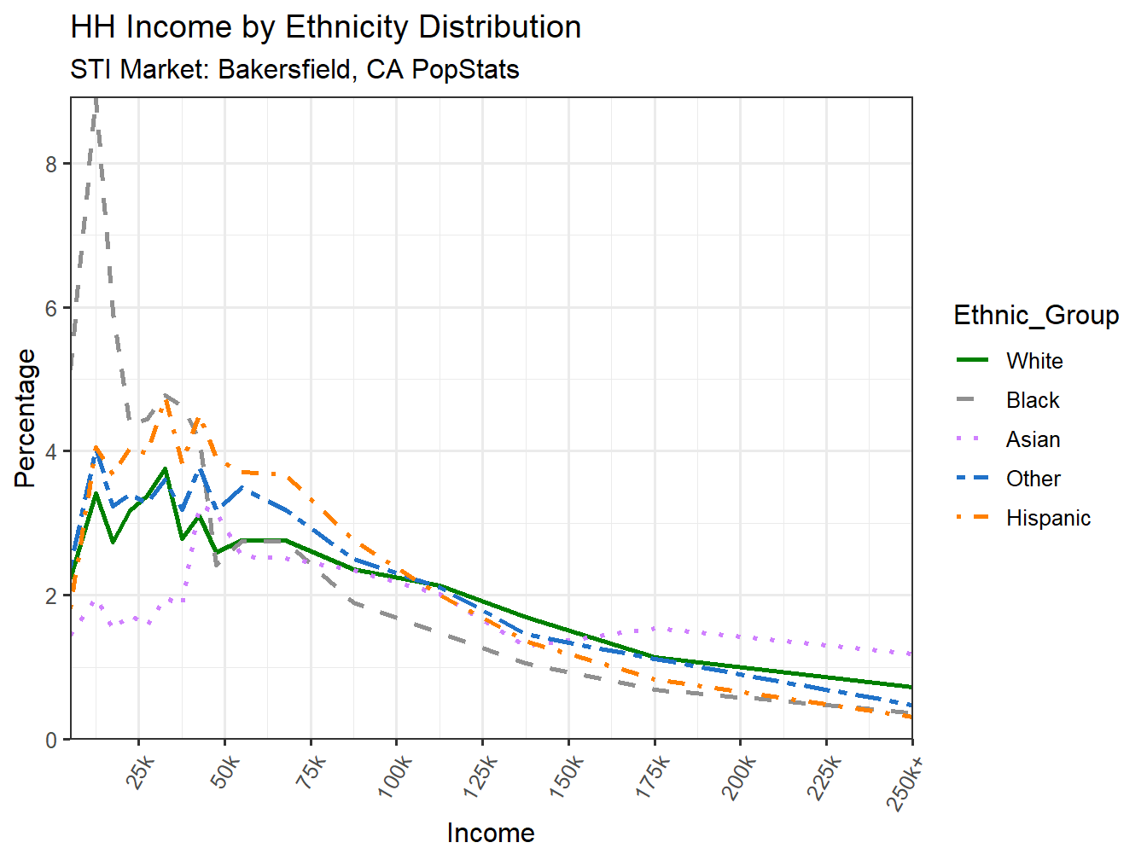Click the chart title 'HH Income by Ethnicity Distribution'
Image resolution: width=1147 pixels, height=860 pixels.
[325, 27]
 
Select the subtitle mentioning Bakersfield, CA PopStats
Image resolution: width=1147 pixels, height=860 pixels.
[294, 69]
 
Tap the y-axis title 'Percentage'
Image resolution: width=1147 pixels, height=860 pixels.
[26, 418]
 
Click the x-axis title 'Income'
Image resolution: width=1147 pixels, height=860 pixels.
[491, 833]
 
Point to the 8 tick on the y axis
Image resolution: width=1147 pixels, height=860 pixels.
[52, 164]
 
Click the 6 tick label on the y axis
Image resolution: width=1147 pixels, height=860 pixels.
[52, 308]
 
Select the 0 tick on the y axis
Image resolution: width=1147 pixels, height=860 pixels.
[52, 740]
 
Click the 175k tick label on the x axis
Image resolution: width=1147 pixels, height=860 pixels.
[652, 777]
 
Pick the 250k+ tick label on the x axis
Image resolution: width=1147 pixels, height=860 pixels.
[905, 781]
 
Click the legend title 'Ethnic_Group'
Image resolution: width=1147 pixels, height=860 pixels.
[1036, 315]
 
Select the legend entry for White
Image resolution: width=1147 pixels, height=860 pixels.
[1033, 361]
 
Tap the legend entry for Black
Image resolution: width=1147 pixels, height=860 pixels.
[1032, 400]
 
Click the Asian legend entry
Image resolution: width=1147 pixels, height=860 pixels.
[1033, 439]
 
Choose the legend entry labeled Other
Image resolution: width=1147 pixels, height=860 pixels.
[1033, 479]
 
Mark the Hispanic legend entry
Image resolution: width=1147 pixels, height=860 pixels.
[1048, 518]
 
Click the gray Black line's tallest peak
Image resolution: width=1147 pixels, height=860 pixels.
[96, 101]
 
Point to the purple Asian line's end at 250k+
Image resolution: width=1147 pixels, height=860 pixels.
[911, 654]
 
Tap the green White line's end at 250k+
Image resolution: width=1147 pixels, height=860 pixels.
[911, 687]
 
